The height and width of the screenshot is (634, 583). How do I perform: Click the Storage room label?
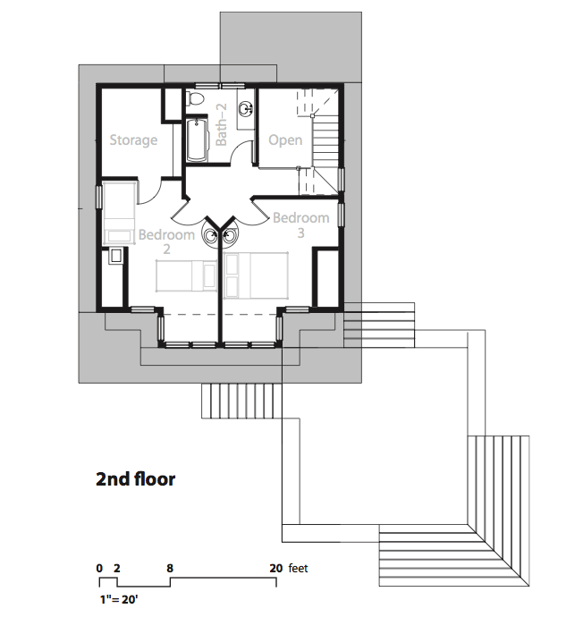[x=133, y=140]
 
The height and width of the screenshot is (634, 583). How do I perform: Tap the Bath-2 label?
[x=222, y=124]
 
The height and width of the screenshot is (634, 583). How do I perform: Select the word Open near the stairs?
[x=285, y=140]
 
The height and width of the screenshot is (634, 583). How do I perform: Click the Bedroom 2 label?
[x=166, y=241]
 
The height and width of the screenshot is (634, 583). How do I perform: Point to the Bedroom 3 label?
[x=301, y=224]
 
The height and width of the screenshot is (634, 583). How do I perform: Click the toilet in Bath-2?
[x=194, y=99]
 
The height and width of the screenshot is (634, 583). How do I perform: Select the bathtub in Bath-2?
[x=198, y=139]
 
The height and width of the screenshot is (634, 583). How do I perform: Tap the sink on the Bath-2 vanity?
[x=245, y=108]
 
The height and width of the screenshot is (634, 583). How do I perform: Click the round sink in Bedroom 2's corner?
[x=210, y=235]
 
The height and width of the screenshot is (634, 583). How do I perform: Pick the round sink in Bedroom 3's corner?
[x=231, y=235]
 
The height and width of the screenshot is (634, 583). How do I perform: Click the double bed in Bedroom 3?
[x=256, y=275]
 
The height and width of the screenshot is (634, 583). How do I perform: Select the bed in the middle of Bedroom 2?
[x=186, y=275]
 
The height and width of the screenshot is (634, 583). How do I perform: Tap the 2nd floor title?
[x=135, y=479]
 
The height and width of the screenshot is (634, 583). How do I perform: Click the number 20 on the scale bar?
[x=276, y=568]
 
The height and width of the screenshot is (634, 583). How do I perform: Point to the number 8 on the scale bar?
[x=170, y=568]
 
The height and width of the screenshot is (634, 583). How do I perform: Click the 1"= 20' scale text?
[x=119, y=599]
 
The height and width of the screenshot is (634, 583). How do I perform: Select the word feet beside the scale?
[x=298, y=568]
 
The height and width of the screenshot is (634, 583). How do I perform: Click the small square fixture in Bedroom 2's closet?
[x=116, y=256]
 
